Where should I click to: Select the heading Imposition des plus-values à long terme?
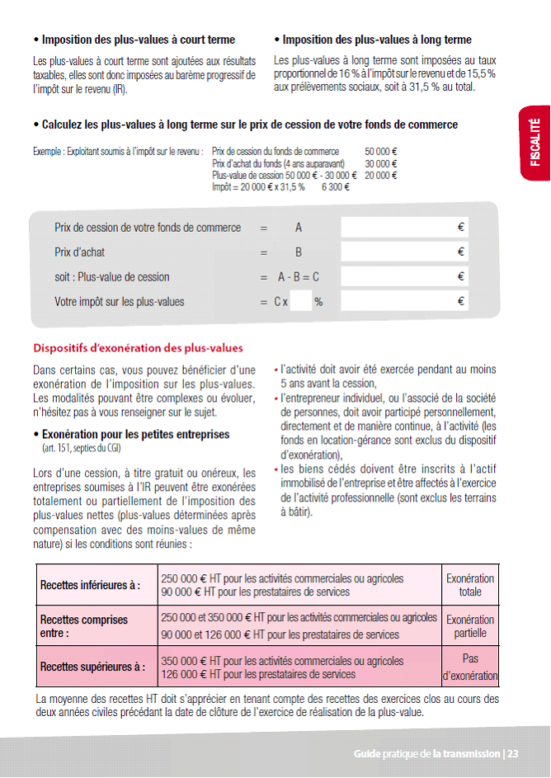(x=376, y=40)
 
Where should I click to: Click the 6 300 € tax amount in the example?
(x=337, y=187)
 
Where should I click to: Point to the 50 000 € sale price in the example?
(x=382, y=152)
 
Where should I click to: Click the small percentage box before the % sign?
(x=301, y=302)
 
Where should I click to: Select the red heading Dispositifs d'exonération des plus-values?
(x=138, y=348)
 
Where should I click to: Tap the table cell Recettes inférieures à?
(x=91, y=585)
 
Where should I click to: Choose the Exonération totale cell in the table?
(x=470, y=585)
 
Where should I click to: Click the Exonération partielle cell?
(x=470, y=626)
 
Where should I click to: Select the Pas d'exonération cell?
(x=470, y=667)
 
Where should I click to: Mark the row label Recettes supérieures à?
(x=92, y=667)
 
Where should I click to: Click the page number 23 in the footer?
(x=512, y=753)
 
